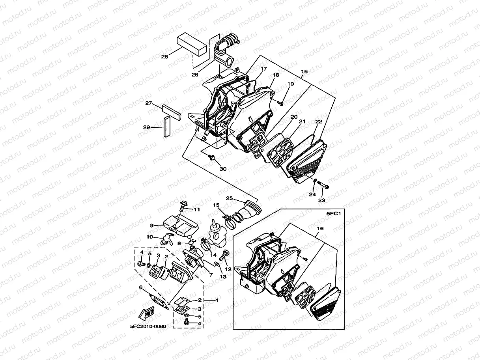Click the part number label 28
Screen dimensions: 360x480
tap(164, 57)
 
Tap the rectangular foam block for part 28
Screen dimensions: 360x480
tap(192, 43)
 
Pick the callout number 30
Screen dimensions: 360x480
tap(223, 169)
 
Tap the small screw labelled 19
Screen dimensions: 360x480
tap(281, 103)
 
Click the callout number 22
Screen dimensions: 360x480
tap(319, 122)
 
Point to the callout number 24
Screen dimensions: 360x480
tap(312, 194)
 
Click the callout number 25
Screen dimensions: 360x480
tap(230, 198)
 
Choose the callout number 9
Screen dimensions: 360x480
tap(151, 226)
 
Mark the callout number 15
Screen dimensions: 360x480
tap(216, 205)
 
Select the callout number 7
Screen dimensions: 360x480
tap(211, 275)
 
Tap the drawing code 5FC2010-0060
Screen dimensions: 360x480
tap(148, 326)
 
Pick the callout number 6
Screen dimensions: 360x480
tap(141, 287)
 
